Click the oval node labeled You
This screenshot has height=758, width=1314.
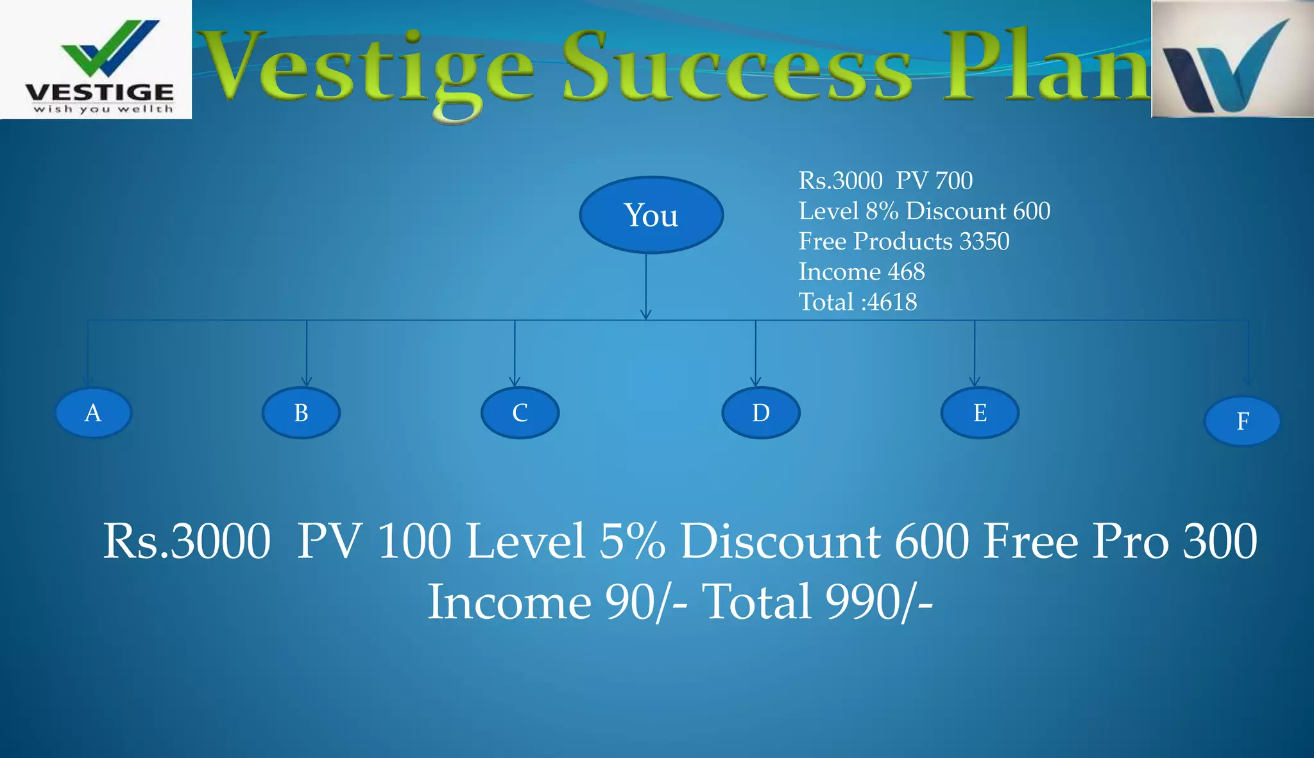(651, 215)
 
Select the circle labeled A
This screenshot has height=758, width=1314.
(94, 412)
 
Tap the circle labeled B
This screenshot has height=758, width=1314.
(301, 412)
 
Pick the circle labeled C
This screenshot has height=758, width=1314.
(520, 412)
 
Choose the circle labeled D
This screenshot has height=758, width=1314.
(761, 412)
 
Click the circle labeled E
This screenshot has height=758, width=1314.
(980, 412)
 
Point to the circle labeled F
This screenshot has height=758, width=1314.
(1242, 421)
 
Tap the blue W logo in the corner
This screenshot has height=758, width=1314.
(1232, 60)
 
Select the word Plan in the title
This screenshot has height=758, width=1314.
(1046, 67)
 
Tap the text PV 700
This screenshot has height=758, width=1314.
(934, 181)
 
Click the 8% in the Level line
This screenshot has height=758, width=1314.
(882, 211)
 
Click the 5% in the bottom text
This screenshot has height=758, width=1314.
(632, 541)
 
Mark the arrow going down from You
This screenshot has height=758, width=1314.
(646, 285)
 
